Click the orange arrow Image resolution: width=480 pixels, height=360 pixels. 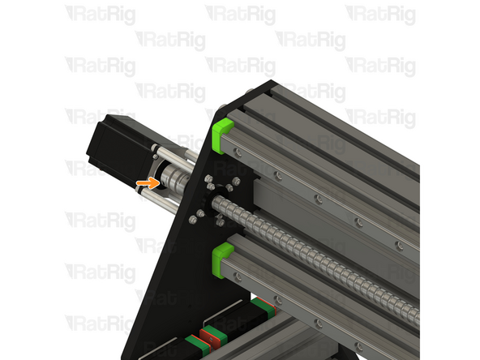[147, 183]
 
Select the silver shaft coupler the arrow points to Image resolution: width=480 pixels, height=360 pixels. [172, 176]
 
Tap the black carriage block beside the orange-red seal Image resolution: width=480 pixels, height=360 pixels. [239, 320]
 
